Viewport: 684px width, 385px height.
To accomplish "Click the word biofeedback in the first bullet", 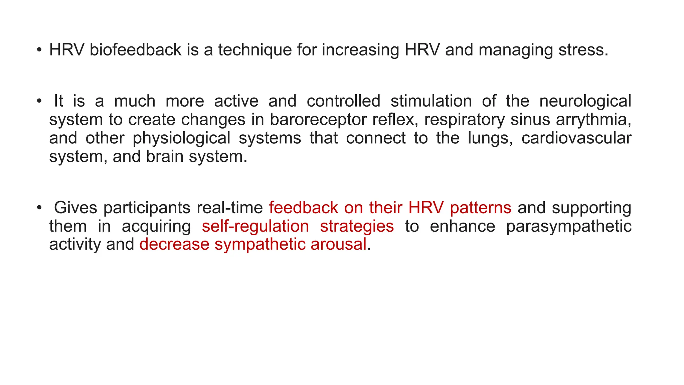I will pyautogui.click(x=135, y=50).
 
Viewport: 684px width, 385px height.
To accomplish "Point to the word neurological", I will pyautogui.click(x=585, y=101).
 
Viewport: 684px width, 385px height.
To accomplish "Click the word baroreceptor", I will pyautogui.click(x=318, y=120).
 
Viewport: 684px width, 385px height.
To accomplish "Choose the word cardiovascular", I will pyautogui.click(x=576, y=138).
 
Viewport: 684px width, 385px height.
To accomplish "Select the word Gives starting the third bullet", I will pyautogui.click(x=75, y=208).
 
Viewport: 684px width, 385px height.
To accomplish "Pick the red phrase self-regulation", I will pyautogui.click(x=255, y=226).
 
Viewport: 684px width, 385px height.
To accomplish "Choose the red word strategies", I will pyautogui.click(x=357, y=226).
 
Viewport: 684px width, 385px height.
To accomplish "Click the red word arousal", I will pyautogui.click(x=339, y=244).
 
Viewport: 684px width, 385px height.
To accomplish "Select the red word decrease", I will pyautogui.click(x=174, y=244).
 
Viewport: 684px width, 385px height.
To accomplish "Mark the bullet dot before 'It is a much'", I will pyautogui.click(x=39, y=101).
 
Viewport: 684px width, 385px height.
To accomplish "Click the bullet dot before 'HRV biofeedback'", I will pyautogui.click(x=39, y=50).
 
